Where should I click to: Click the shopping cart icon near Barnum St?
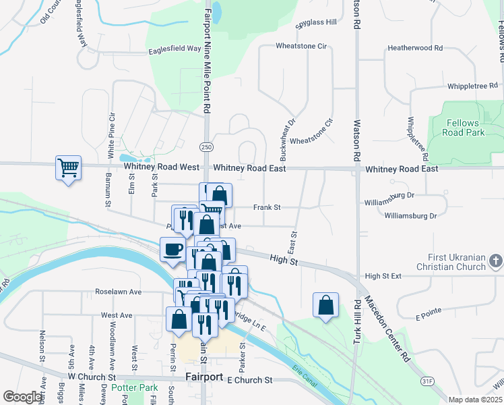[68, 167]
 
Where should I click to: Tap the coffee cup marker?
[172, 248]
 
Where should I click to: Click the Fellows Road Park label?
[466, 128]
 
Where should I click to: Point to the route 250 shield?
[206, 146]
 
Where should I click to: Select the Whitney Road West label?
[161, 167]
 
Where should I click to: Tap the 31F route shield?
[427, 381]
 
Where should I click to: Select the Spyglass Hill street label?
[317, 22]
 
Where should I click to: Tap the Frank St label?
[267, 207]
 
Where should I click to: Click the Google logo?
[23, 397]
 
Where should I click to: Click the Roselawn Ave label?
[118, 292]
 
